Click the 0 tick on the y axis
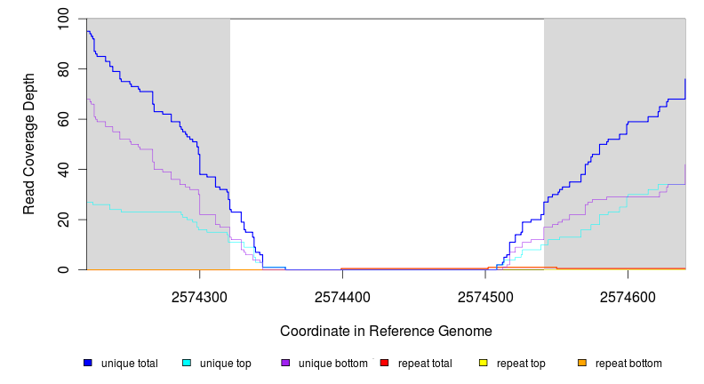(x=63, y=269)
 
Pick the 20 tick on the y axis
(x=63, y=220)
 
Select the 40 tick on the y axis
(x=63, y=169)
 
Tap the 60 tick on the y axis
(x=63, y=119)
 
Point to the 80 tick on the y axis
(x=63, y=68)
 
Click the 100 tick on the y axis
(x=63, y=19)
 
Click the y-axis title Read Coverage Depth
(x=29, y=144)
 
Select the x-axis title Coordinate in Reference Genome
(x=386, y=331)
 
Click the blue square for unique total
(x=88, y=363)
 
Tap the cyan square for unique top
(x=187, y=363)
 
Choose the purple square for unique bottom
(x=285, y=363)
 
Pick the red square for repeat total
(x=384, y=363)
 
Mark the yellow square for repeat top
(x=484, y=363)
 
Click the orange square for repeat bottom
(x=582, y=363)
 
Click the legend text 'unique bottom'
(x=330, y=364)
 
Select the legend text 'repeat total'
(x=425, y=364)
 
